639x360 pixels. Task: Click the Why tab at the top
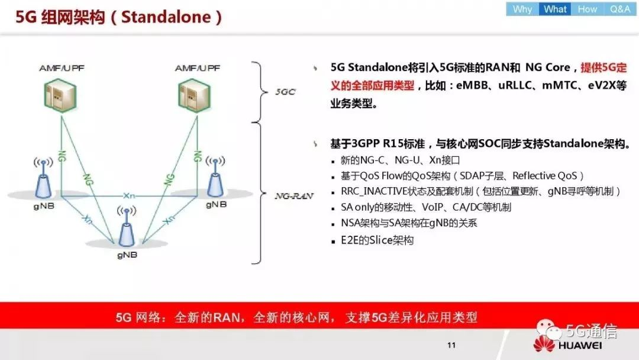tap(522, 9)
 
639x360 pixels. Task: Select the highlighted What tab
tap(555, 9)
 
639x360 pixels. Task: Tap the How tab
tap(588, 9)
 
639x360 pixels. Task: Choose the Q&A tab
tap(620, 9)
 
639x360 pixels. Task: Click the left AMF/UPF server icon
tap(60, 95)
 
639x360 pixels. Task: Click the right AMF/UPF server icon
tap(195, 95)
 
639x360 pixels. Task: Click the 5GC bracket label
tap(285, 92)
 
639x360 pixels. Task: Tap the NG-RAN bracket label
tap(294, 196)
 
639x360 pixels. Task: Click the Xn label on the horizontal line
tap(129, 196)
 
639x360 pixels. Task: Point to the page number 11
tap(451, 345)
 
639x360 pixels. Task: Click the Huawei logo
tap(567, 343)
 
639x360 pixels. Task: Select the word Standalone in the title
tap(166, 17)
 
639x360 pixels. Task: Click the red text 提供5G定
tap(604, 67)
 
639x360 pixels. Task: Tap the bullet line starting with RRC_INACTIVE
tap(480, 191)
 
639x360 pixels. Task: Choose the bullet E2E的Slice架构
tap(377, 240)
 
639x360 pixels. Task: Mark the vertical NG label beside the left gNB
tap(62, 156)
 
